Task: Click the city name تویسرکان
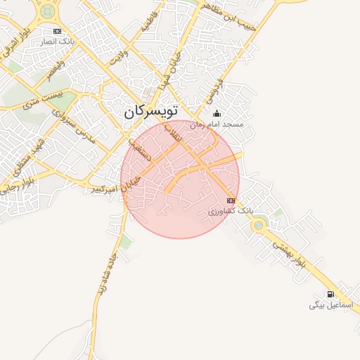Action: tap(151, 111)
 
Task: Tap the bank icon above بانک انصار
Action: tap(57, 32)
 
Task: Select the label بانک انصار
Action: tap(58, 42)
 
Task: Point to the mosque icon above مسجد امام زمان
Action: tap(217, 114)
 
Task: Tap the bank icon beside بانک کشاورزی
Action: tap(231, 201)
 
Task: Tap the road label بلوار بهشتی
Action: tap(289, 254)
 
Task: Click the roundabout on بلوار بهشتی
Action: tap(259, 225)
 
